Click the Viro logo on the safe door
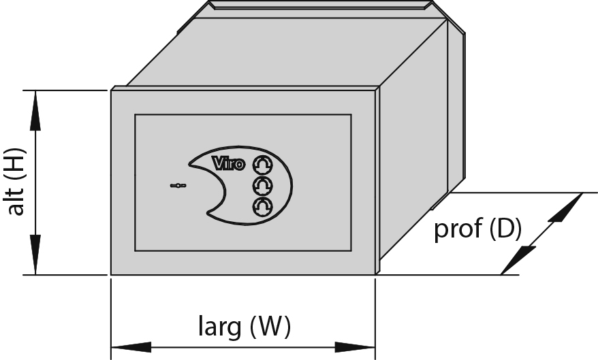click(x=228, y=163)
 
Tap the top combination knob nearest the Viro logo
click(x=263, y=164)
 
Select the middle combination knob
click(x=263, y=186)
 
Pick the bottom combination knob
click(x=263, y=207)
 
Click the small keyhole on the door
click(x=178, y=186)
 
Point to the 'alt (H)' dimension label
click(x=17, y=182)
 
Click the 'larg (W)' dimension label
click(x=245, y=326)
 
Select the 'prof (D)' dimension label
click(x=477, y=228)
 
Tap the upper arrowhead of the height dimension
click(x=35, y=111)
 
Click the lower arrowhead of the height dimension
click(x=35, y=255)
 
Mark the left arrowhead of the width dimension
click(x=131, y=348)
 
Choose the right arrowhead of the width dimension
click(x=355, y=348)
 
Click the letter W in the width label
click(x=270, y=326)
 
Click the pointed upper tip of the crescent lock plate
click(x=189, y=164)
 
